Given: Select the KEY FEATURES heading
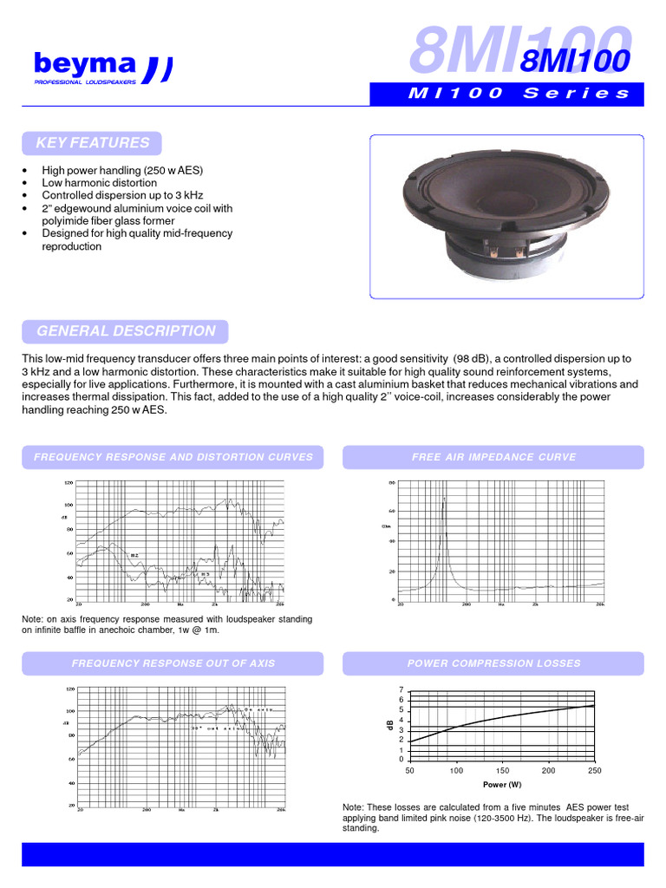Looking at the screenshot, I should tap(93, 143).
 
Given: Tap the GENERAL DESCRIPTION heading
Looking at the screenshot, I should tap(126, 331).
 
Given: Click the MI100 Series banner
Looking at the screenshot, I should tap(506, 95).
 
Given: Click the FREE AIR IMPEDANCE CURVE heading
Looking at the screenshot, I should tap(493, 457).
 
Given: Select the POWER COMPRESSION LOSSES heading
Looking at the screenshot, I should tap(493, 663).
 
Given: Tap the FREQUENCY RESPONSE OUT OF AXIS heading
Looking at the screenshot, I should tap(173, 663).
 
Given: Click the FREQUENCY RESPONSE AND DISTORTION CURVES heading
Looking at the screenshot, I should tap(173, 457).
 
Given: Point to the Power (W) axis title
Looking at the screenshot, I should tap(502, 785).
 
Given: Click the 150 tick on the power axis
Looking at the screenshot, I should tap(502, 770).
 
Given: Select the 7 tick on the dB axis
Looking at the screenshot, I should tap(401, 689).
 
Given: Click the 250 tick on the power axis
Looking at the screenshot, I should tap(594, 770).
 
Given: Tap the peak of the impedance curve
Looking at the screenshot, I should tap(445, 499).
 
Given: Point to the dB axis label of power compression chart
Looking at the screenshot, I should tap(390, 724).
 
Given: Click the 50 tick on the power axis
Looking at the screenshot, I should tap(410, 770).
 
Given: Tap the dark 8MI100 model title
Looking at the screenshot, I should tap(573, 61).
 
